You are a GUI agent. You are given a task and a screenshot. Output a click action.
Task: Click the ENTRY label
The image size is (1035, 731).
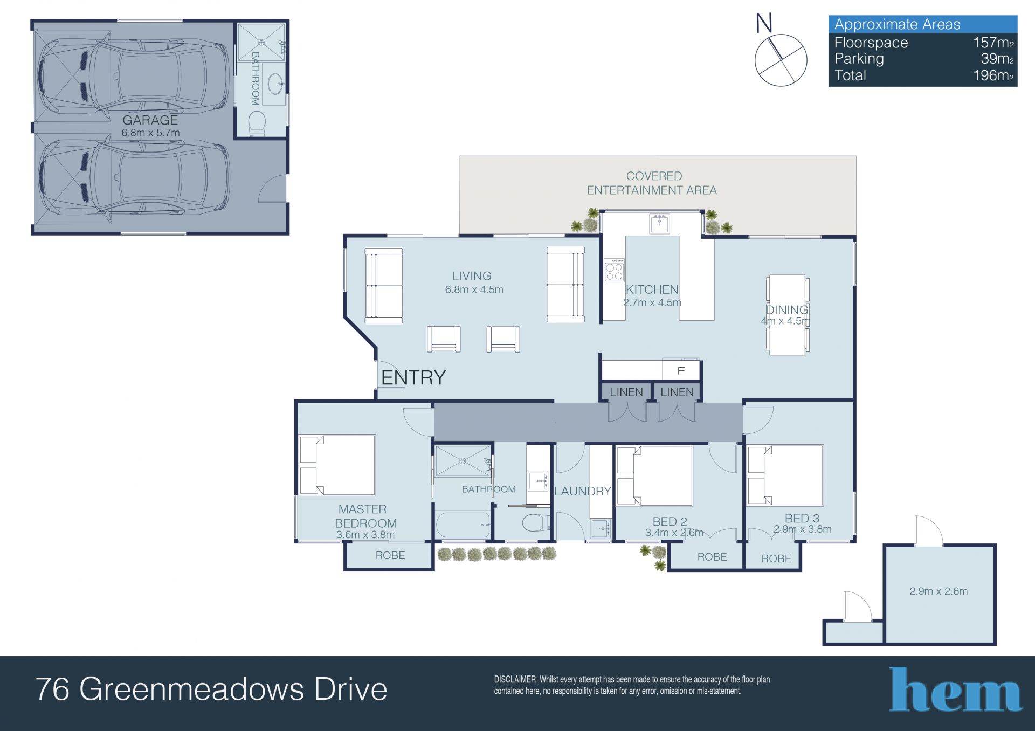413,378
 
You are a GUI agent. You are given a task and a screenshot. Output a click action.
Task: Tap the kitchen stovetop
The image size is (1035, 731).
614,270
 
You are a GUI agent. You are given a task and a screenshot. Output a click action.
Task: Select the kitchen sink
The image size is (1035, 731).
660,223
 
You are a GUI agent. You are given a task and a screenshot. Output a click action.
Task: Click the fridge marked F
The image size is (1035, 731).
681,370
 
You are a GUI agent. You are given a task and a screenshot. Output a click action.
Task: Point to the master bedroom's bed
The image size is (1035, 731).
337,465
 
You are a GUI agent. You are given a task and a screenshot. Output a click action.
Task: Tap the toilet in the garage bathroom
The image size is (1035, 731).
257,123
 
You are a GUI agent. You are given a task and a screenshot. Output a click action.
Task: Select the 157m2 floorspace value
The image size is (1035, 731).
993,43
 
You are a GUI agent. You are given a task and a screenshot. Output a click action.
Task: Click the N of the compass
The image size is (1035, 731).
764,23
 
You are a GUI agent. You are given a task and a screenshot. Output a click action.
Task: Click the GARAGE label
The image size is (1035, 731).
150,120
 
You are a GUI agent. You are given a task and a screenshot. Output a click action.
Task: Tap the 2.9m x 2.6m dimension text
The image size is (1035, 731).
939,591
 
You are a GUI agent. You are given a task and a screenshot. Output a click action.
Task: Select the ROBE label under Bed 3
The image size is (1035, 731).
776,559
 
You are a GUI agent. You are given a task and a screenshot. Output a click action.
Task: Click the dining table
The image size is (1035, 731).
788,315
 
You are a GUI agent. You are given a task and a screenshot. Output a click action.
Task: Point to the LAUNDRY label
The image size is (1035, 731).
583,491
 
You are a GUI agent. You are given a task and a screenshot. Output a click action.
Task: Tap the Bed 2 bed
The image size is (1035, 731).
654,475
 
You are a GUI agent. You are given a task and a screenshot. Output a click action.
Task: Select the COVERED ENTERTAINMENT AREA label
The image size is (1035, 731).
652,183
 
